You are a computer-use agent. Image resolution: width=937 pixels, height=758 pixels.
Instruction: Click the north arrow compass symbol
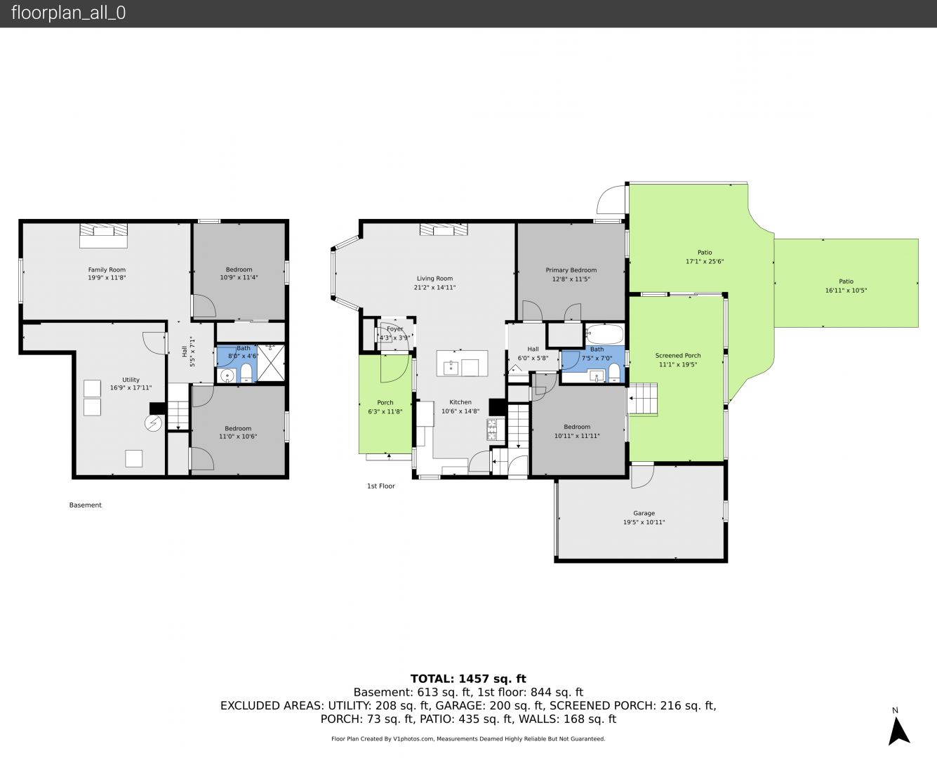point(898,731)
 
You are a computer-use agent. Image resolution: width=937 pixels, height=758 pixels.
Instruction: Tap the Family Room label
point(107,270)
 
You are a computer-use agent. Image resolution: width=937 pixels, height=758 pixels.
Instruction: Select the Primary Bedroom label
point(571,270)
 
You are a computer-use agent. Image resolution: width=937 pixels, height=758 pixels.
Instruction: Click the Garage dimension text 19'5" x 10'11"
point(644,522)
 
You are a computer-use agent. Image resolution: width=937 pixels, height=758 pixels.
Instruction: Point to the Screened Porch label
point(678,355)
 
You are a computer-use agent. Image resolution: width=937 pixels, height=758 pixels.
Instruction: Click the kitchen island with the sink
point(462,363)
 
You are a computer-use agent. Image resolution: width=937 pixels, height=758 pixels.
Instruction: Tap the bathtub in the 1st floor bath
point(605,334)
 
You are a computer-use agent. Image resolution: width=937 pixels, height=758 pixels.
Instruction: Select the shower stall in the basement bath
point(271,363)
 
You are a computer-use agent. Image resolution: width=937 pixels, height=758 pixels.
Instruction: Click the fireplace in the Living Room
point(444,230)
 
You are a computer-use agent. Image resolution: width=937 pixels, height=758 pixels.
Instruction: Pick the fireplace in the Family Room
point(103,235)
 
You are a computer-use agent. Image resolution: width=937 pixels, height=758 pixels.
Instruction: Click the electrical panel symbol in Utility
point(154,424)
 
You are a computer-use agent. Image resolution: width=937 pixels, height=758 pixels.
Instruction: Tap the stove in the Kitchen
point(491,430)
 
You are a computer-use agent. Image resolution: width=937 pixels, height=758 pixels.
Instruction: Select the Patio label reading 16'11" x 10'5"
point(846,286)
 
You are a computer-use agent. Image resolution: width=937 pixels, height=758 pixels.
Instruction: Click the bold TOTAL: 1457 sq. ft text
point(468,679)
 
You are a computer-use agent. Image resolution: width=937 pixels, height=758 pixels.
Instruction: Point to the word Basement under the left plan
point(86,505)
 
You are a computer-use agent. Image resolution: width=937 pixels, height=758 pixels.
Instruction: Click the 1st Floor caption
point(381,486)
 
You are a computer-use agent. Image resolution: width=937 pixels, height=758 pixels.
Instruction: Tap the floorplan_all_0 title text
point(69,13)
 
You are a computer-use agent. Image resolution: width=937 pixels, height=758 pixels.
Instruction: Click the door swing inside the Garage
point(643,477)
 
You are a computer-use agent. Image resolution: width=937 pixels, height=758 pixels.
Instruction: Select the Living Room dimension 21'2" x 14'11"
point(434,287)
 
